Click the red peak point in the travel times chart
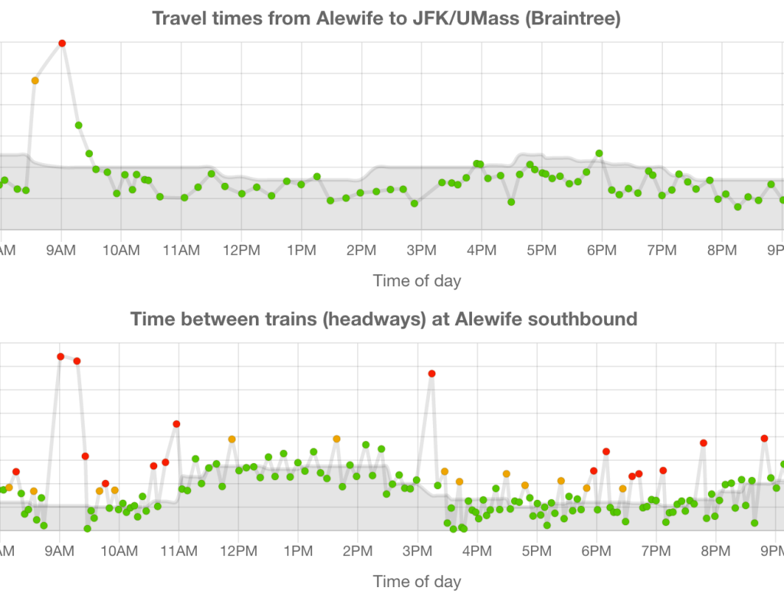click(x=62, y=43)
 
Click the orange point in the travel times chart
click(x=34, y=80)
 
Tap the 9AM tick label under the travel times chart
click(x=61, y=250)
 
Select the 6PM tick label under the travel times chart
click(x=602, y=250)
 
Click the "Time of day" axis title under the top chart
click(x=417, y=280)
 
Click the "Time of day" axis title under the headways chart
click(x=417, y=581)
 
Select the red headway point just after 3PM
click(x=431, y=374)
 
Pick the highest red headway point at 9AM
click(x=61, y=356)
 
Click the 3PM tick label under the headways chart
click(x=417, y=550)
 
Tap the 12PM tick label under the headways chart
click(x=238, y=550)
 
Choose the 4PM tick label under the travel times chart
click(x=481, y=250)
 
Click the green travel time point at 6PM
click(x=599, y=153)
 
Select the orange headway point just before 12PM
click(x=231, y=439)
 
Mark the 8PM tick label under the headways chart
click(x=715, y=550)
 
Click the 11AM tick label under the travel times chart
click(x=181, y=250)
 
